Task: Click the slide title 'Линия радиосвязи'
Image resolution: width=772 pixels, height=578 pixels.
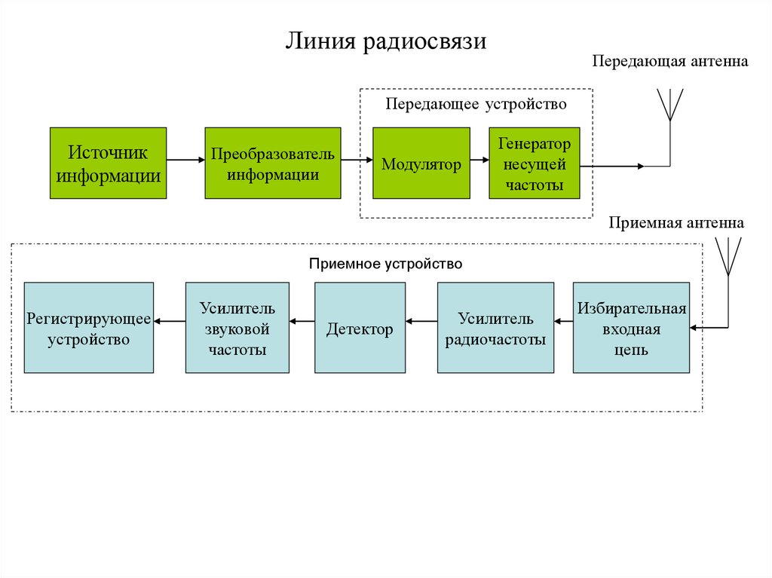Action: [385, 41]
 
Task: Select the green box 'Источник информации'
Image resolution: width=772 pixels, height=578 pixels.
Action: [108, 163]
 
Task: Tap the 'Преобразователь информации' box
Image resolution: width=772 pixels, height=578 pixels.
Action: [272, 163]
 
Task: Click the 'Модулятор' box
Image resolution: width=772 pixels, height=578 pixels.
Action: [421, 163]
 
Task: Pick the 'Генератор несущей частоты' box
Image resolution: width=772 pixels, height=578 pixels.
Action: [534, 163]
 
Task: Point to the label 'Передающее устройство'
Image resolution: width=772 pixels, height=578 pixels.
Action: [476, 103]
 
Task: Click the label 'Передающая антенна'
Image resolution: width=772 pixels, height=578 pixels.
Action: [669, 61]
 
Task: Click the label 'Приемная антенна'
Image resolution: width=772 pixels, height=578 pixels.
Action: [676, 223]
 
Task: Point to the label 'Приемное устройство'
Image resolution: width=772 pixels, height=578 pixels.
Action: [385, 265]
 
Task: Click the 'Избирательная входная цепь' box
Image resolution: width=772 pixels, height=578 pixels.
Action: [631, 328]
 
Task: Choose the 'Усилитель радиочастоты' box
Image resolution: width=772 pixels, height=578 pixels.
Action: [495, 328]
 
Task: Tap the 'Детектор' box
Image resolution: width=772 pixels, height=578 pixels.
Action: [359, 328]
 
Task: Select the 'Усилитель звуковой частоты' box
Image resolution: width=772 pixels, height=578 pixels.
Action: [237, 328]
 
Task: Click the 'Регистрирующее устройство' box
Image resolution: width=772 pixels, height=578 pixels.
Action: [88, 328]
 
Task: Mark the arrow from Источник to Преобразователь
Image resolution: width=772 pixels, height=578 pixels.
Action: [185, 159]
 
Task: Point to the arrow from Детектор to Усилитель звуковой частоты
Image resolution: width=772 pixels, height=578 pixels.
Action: [302, 322]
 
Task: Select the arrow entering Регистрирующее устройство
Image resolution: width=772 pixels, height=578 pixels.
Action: [170, 322]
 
